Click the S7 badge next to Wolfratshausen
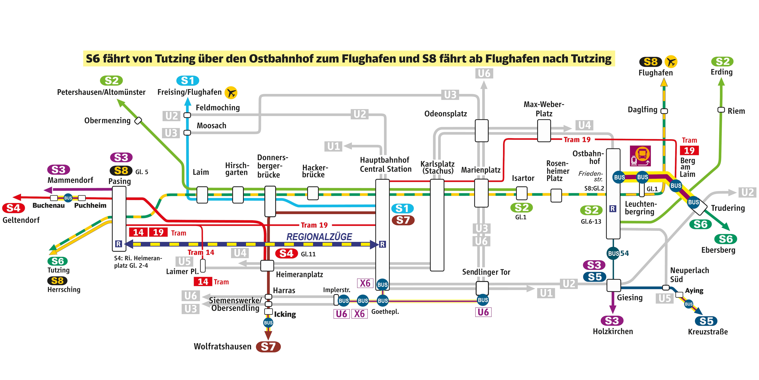(x=268, y=347)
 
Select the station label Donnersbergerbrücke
(x=272, y=166)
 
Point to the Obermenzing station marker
(x=138, y=121)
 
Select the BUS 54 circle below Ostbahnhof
(x=613, y=253)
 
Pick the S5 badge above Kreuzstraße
(x=706, y=321)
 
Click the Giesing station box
(x=614, y=285)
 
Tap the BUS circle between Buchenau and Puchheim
(x=68, y=198)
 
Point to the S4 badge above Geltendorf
(x=13, y=208)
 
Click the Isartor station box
(x=522, y=193)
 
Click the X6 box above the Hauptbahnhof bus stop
(x=365, y=283)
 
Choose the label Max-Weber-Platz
(x=544, y=109)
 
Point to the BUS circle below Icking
(x=268, y=323)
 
